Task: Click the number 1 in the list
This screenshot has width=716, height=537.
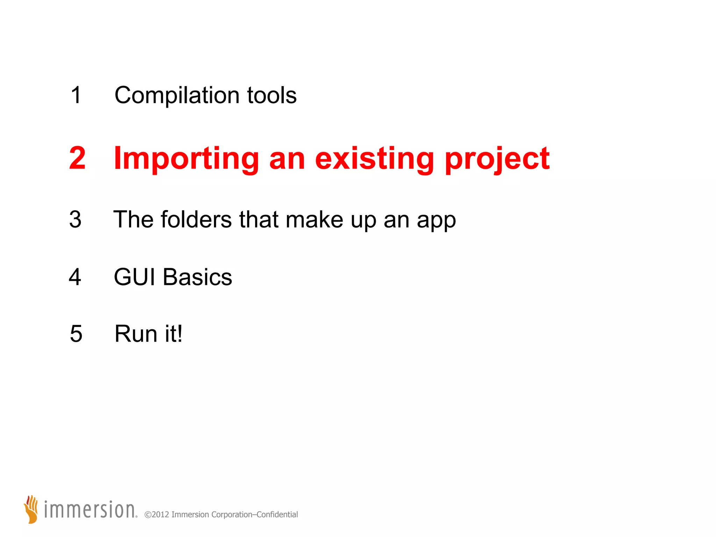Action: (x=76, y=95)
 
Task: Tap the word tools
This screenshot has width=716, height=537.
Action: (x=272, y=95)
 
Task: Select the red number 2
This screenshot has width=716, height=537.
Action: (x=77, y=158)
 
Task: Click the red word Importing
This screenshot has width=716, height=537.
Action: (x=186, y=159)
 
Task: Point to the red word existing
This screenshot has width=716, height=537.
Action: (x=374, y=159)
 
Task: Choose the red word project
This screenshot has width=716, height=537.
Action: (x=497, y=159)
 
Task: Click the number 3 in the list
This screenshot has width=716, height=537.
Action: (x=75, y=220)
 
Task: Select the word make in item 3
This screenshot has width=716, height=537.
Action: (x=314, y=220)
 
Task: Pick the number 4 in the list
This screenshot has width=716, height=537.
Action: (x=75, y=277)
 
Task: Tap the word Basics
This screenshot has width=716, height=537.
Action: (x=197, y=277)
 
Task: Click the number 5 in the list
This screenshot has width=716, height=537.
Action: (x=76, y=334)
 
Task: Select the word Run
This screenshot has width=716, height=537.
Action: (x=136, y=334)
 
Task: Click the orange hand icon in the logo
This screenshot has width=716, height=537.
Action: (x=31, y=509)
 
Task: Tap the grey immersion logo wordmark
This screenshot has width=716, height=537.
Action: (x=90, y=510)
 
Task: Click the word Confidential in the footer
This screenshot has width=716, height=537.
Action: (x=277, y=515)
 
